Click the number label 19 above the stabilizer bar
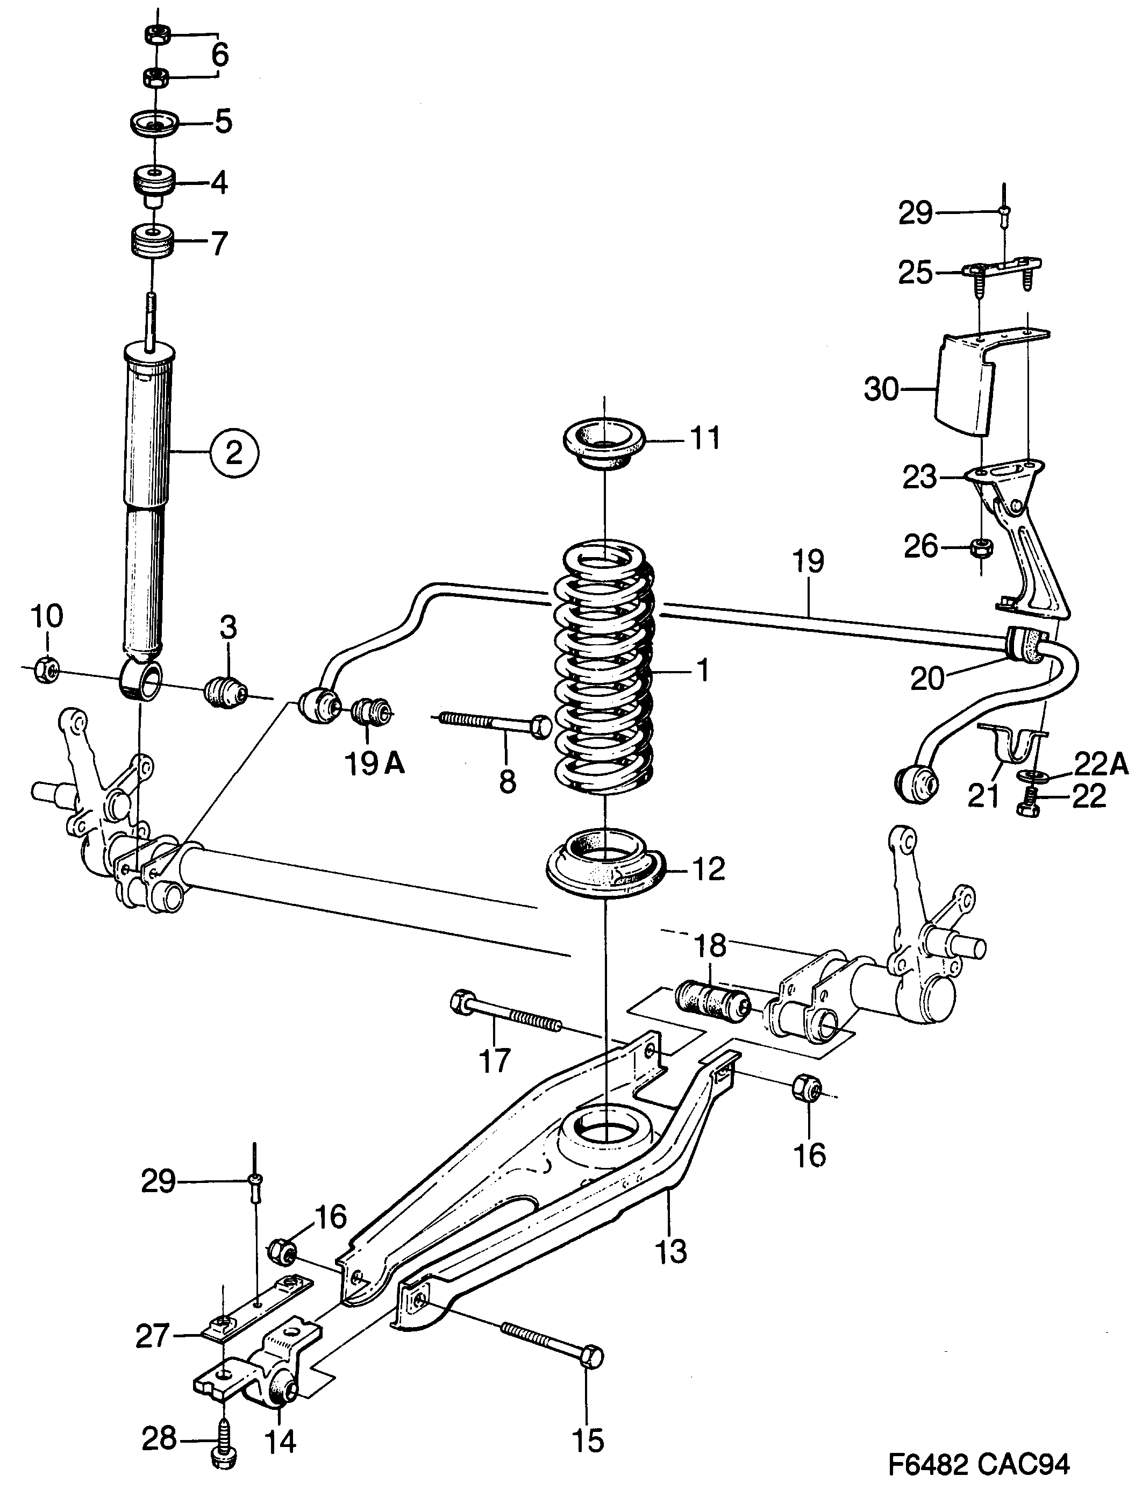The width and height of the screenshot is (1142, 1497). coord(808,561)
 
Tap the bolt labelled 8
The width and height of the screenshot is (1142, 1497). coord(496,724)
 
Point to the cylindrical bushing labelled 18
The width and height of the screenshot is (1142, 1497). coord(711,1000)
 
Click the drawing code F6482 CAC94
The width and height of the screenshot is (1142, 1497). coord(979,1462)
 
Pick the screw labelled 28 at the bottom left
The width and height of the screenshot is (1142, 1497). coord(223,1455)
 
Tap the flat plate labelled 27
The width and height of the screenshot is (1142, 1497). coord(258,1309)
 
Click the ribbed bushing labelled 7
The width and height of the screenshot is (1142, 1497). coord(153,241)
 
